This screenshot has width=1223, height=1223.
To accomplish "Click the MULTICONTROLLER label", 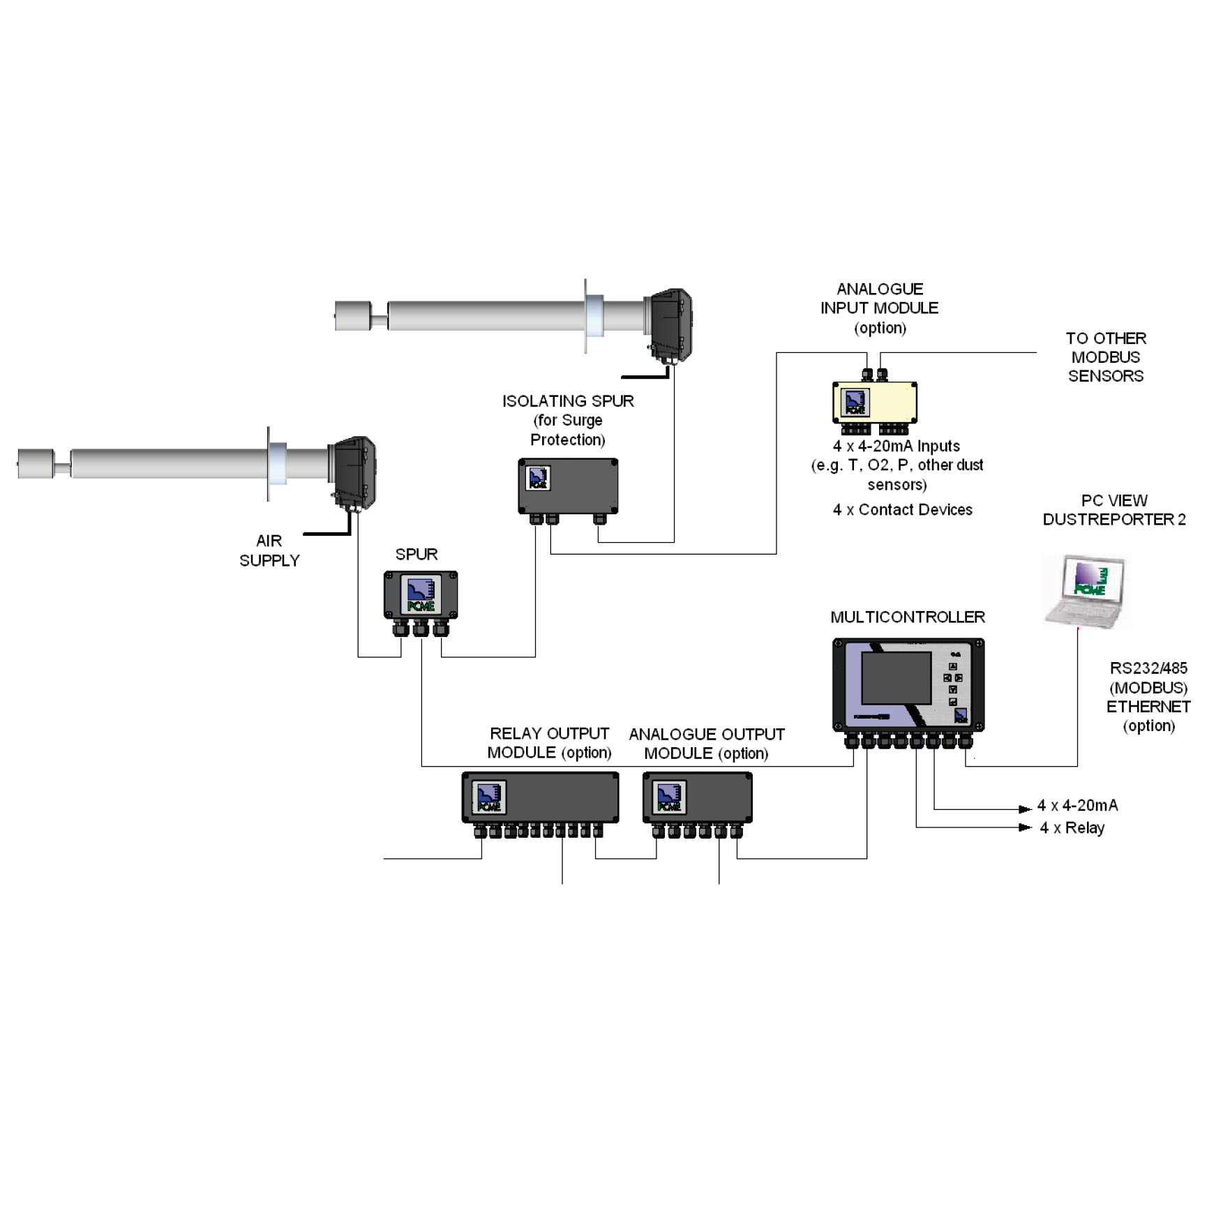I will click(907, 617).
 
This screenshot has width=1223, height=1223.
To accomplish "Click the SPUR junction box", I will click(420, 595).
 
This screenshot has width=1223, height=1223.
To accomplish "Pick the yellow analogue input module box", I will click(874, 403).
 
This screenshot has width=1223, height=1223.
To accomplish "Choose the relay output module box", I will click(540, 797).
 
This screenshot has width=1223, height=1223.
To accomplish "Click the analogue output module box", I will click(697, 797).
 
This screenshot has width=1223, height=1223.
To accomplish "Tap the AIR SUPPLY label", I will click(269, 550).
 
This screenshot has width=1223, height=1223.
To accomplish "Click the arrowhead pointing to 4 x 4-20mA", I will click(1024, 809).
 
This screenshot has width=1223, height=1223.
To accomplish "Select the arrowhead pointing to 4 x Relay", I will click(1024, 827).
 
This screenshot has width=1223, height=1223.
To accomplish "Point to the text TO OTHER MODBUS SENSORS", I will click(1106, 357).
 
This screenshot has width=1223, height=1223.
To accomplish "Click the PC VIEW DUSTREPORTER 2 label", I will click(1113, 510).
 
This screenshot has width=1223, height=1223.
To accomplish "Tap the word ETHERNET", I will click(1148, 707).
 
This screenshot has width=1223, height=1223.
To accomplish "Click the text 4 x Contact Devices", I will click(902, 510).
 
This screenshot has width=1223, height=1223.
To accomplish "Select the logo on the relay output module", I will click(488, 797).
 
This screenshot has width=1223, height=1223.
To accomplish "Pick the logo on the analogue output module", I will click(668, 797).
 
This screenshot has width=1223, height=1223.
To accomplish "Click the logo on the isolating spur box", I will click(538, 479).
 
